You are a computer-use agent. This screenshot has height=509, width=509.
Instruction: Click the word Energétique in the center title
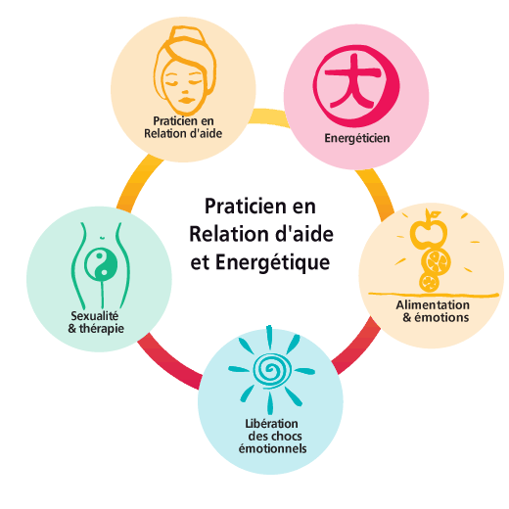(272, 263)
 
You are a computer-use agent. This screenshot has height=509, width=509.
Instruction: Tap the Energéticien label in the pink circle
(357, 138)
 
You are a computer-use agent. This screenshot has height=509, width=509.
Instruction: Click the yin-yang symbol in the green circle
(101, 264)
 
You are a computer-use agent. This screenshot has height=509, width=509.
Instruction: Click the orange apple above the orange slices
(428, 228)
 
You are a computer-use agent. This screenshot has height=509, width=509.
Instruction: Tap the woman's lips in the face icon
(186, 99)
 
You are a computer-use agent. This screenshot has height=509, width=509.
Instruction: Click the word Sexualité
(95, 316)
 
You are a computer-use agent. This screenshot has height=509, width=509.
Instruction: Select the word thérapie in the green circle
(102, 329)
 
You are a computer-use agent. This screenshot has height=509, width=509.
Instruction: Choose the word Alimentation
(433, 305)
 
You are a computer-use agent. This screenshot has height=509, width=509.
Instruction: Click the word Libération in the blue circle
(271, 424)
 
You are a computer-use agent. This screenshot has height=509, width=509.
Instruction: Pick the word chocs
(287, 437)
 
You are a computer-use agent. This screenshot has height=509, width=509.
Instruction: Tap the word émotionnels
(272, 448)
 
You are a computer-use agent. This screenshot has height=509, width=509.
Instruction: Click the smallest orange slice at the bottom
(429, 282)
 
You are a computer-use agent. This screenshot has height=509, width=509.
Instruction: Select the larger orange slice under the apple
(436, 260)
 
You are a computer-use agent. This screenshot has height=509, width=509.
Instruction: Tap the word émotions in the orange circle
(441, 317)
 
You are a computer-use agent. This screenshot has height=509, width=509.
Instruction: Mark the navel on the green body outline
(102, 237)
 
